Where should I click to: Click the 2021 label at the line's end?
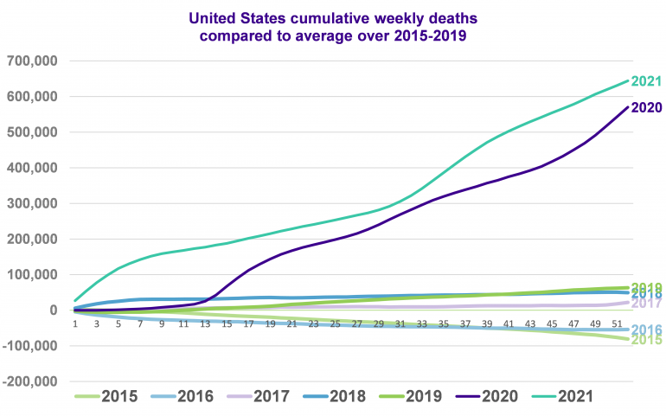point(646,82)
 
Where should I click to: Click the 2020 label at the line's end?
point(646,108)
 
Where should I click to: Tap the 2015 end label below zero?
point(646,340)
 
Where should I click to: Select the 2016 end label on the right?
point(646,330)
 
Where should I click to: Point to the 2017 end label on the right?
point(646,303)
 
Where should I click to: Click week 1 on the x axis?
point(75,323)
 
